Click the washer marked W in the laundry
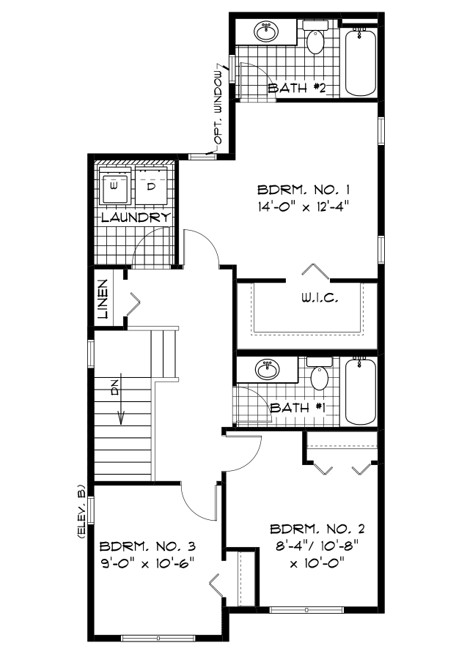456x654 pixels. click(115, 187)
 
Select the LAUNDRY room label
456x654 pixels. click(136, 218)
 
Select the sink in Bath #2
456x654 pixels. click(266, 32)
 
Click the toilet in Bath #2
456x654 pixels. click(315, 40)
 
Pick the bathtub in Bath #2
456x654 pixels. click(360, 62)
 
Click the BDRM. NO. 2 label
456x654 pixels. click(317, 529)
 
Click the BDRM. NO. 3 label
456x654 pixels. click(148, 546)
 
